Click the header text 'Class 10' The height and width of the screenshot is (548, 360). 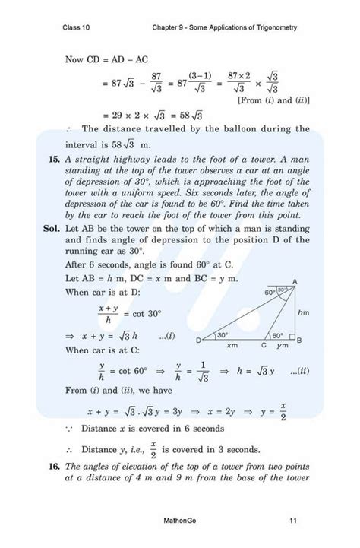pyautogui.click(x=76, y=28)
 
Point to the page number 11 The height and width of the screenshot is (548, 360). pyautogui.click(x=293, y=520)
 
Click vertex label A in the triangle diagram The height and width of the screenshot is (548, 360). pyautogui.click(x=294, y=281)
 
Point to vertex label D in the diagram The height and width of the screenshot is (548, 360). pyautogui.click(x=199, y=340)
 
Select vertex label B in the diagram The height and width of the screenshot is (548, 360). pyautogui.click(x=299, y=339)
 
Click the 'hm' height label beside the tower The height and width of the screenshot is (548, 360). pyautogui.click(x=304, y=312)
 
